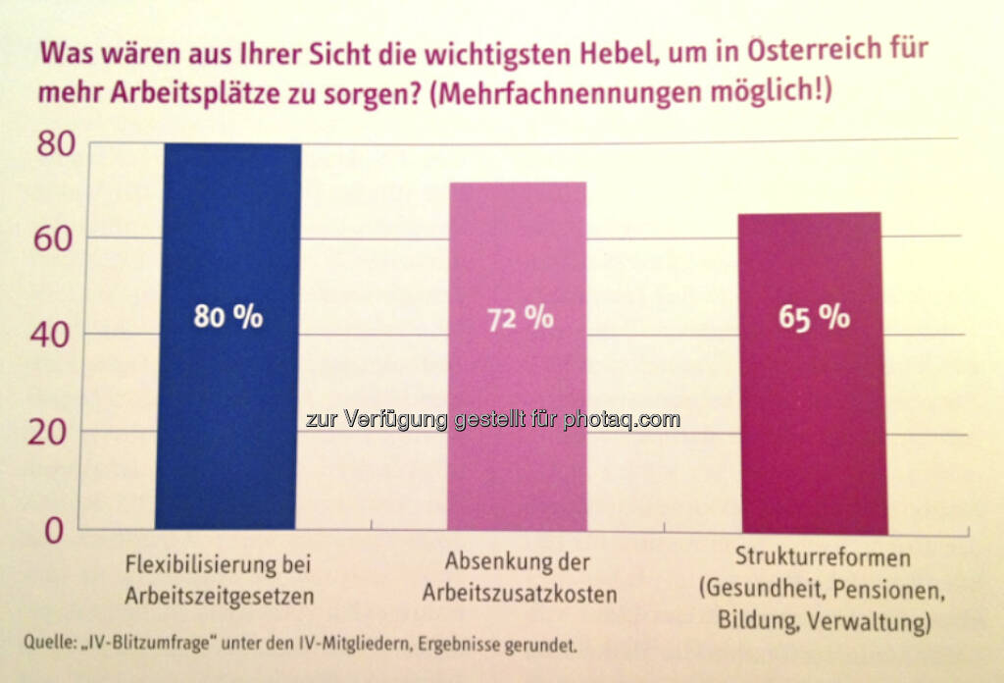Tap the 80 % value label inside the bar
coord(228,317)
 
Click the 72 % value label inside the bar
coord(519,319)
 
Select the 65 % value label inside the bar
coord(814,318)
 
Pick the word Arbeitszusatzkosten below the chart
coord(520,594)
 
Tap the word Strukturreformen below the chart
coord(823,559)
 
